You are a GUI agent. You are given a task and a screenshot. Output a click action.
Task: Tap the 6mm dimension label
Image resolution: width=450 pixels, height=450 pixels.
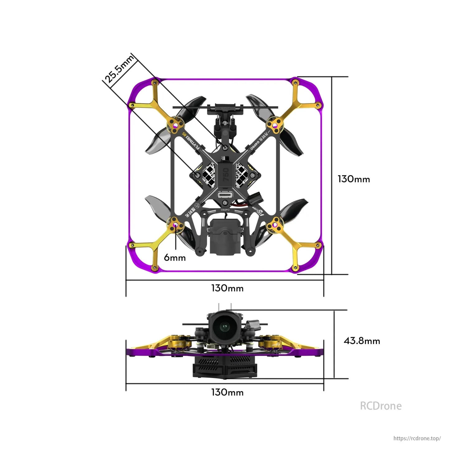(x=175, y=258)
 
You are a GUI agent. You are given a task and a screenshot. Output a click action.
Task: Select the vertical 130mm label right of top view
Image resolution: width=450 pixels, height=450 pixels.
(x=354, y=179)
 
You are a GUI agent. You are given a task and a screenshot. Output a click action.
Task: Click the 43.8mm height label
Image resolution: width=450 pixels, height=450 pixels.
(x=362, y=341)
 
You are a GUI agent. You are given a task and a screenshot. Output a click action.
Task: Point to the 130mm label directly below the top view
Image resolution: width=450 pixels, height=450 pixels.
(x=227, y=288)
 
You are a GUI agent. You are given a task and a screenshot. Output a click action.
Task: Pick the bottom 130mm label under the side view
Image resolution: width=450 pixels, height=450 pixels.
(x=227, y=392)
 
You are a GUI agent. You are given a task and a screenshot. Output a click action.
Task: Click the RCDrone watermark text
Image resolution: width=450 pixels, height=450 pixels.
(x=381, y=406)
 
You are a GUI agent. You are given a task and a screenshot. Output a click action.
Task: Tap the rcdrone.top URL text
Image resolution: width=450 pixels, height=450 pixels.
(x=417, y=438)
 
